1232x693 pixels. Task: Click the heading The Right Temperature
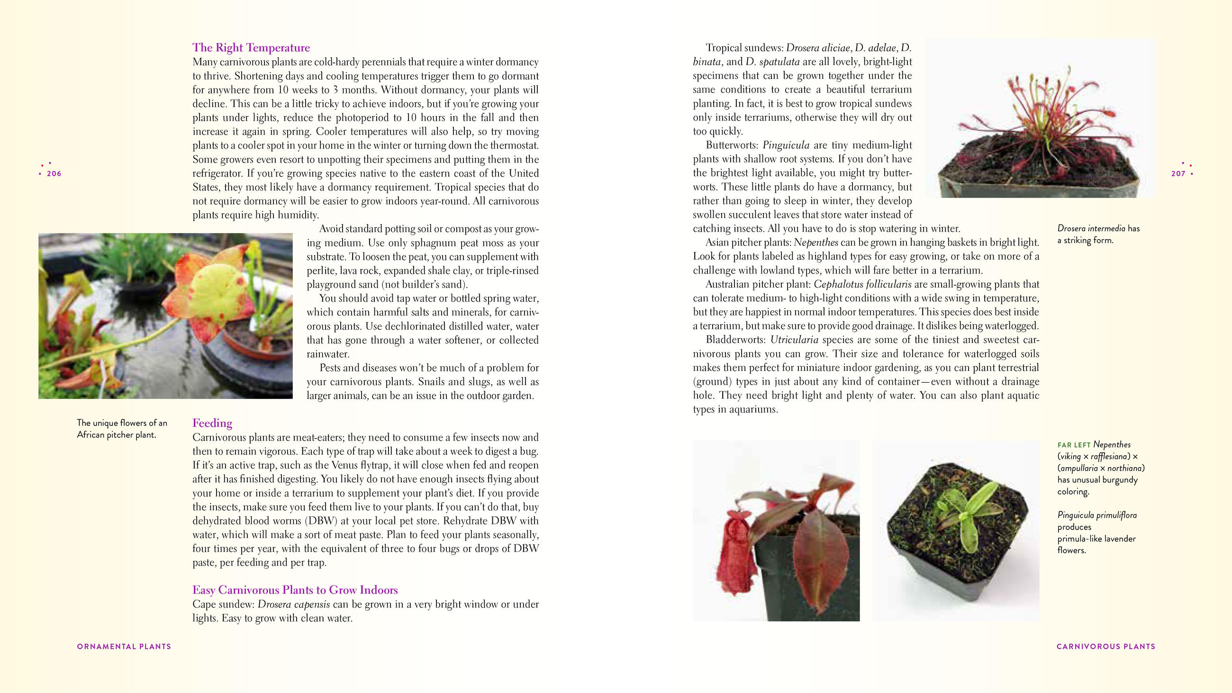pyautogui.click(x=251, y=48)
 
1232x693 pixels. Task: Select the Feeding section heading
pyautogui.click(x=212, y=423)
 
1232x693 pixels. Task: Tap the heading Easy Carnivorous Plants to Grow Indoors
pyautogui.click(x=295, y=590)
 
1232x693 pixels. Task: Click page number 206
pyautogui.click(x=54, y=174)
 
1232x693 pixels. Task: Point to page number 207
pyautogui.click(x=1178, y=174)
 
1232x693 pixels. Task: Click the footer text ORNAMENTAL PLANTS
pyautogui.click(x=124, y=647)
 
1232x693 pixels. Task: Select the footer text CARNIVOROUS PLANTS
pyautogui.click(x=1106, y=647)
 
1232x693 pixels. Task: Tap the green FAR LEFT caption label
pyautogui.click(x=1074, y=445)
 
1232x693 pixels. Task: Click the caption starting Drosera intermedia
pyautogui.click(x=1098, y=234)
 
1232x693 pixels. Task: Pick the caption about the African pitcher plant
pyautogui.click(x=122, y=429)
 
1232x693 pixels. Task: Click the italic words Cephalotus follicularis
pyautogui.click(x=862, y=285)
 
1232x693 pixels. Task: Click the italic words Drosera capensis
pyautogui.click(x=294, y=604)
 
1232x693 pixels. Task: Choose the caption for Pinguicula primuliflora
pyautogui.click(x=1097, y=532)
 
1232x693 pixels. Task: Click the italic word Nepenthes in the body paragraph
pyautogui.click(x=816, y=243)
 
